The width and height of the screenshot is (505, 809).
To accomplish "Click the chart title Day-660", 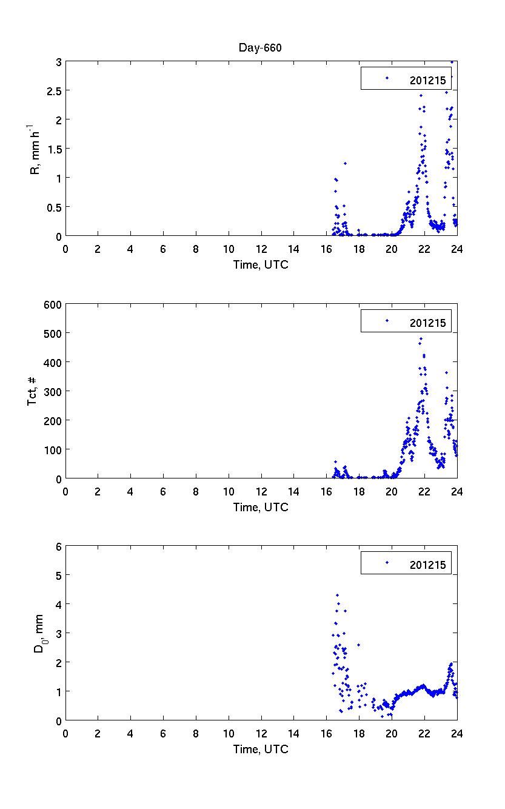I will [261, 49].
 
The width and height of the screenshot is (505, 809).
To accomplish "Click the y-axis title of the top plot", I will [35, 149].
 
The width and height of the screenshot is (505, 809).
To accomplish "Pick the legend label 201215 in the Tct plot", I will [427, 323].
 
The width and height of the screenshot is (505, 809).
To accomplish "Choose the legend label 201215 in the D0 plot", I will [427, 565].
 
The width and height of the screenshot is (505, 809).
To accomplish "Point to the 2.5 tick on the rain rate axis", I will [53, 91].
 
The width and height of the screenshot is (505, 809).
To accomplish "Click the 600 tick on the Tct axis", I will [50, 304].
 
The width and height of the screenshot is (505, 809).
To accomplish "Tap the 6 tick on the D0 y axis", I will [58, 546].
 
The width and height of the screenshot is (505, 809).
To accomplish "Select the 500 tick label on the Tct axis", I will [50, 334].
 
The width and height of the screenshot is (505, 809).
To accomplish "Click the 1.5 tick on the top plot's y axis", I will [53, 149].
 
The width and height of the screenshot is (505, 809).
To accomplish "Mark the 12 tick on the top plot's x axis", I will [261, 248].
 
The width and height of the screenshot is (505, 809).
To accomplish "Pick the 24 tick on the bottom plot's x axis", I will [457, 733].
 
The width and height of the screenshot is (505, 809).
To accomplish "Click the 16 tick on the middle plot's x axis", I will [327, 491].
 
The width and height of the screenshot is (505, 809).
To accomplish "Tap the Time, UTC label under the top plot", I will [261, 264].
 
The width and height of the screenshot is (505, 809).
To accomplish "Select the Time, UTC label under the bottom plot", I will [261, 750].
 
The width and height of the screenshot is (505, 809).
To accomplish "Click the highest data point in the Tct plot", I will [421, 338].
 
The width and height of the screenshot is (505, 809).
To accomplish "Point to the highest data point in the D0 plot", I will [337, 596].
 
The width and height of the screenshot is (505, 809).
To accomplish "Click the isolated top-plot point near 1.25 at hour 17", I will [345, 163].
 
